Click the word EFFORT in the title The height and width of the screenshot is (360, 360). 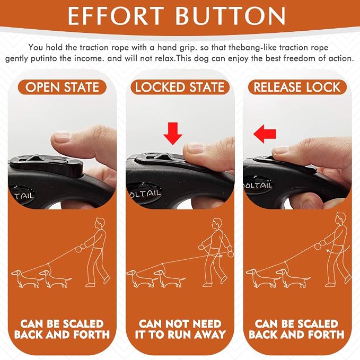point(116,16)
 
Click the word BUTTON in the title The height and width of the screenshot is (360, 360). point(231,16)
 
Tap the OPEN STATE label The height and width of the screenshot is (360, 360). point(62,87)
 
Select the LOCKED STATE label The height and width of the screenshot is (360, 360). point(180,87)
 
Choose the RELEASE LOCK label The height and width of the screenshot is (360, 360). point(297,87)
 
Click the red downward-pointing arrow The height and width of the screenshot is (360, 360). point(173,134)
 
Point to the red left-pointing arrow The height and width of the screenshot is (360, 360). point(265,134)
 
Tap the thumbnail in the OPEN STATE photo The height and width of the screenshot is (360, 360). point(61,137)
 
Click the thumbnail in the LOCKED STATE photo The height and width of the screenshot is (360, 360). point(195,147)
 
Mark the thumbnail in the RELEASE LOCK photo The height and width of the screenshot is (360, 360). point(280,150)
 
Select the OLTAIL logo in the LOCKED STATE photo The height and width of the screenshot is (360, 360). point(145,194)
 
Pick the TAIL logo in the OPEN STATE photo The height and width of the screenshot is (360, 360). point(24,196)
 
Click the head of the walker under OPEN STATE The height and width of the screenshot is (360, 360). point(100,223)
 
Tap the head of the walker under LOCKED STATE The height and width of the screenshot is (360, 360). point(217,223)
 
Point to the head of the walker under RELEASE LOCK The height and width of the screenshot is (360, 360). point(341,218)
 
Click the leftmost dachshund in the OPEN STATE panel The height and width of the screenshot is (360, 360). point(27,278)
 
